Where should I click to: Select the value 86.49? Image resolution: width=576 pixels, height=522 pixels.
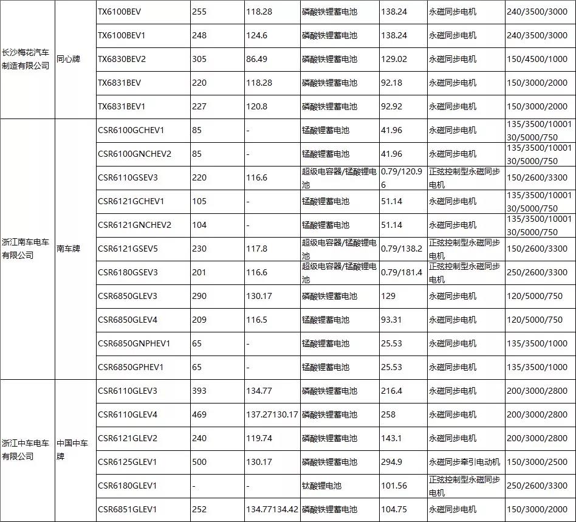click(x=259, y=59)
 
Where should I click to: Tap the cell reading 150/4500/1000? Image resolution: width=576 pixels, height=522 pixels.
click(x=537, y=59)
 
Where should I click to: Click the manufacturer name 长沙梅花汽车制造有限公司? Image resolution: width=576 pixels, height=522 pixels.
click(x=27, y=59)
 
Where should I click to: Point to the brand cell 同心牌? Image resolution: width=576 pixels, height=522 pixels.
click(x=69, y=59)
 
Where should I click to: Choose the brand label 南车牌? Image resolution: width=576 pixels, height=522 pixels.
click(x=69, y=249)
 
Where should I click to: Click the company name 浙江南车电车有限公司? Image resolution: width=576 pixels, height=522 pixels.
click(x=27, y=249)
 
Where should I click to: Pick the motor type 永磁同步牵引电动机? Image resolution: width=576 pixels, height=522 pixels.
click(x=464, y=462)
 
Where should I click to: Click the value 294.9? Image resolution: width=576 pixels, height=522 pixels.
click(x=391, y=462)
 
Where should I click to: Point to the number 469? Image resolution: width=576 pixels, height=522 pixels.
click(x=199, y=414)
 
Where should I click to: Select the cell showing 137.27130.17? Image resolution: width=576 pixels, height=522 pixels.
click(x=272, y=414)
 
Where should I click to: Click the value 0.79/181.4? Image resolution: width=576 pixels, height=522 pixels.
click(x=402, y=272)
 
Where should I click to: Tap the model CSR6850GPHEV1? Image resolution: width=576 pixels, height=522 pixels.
click(x=131, y=367)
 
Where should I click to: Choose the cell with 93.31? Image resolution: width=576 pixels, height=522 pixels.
click(x=391, y=320)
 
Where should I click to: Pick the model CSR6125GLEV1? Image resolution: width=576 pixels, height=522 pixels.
click(x=128, y=462)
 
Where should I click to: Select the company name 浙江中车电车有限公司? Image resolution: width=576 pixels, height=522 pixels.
click(x=27, y=450)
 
